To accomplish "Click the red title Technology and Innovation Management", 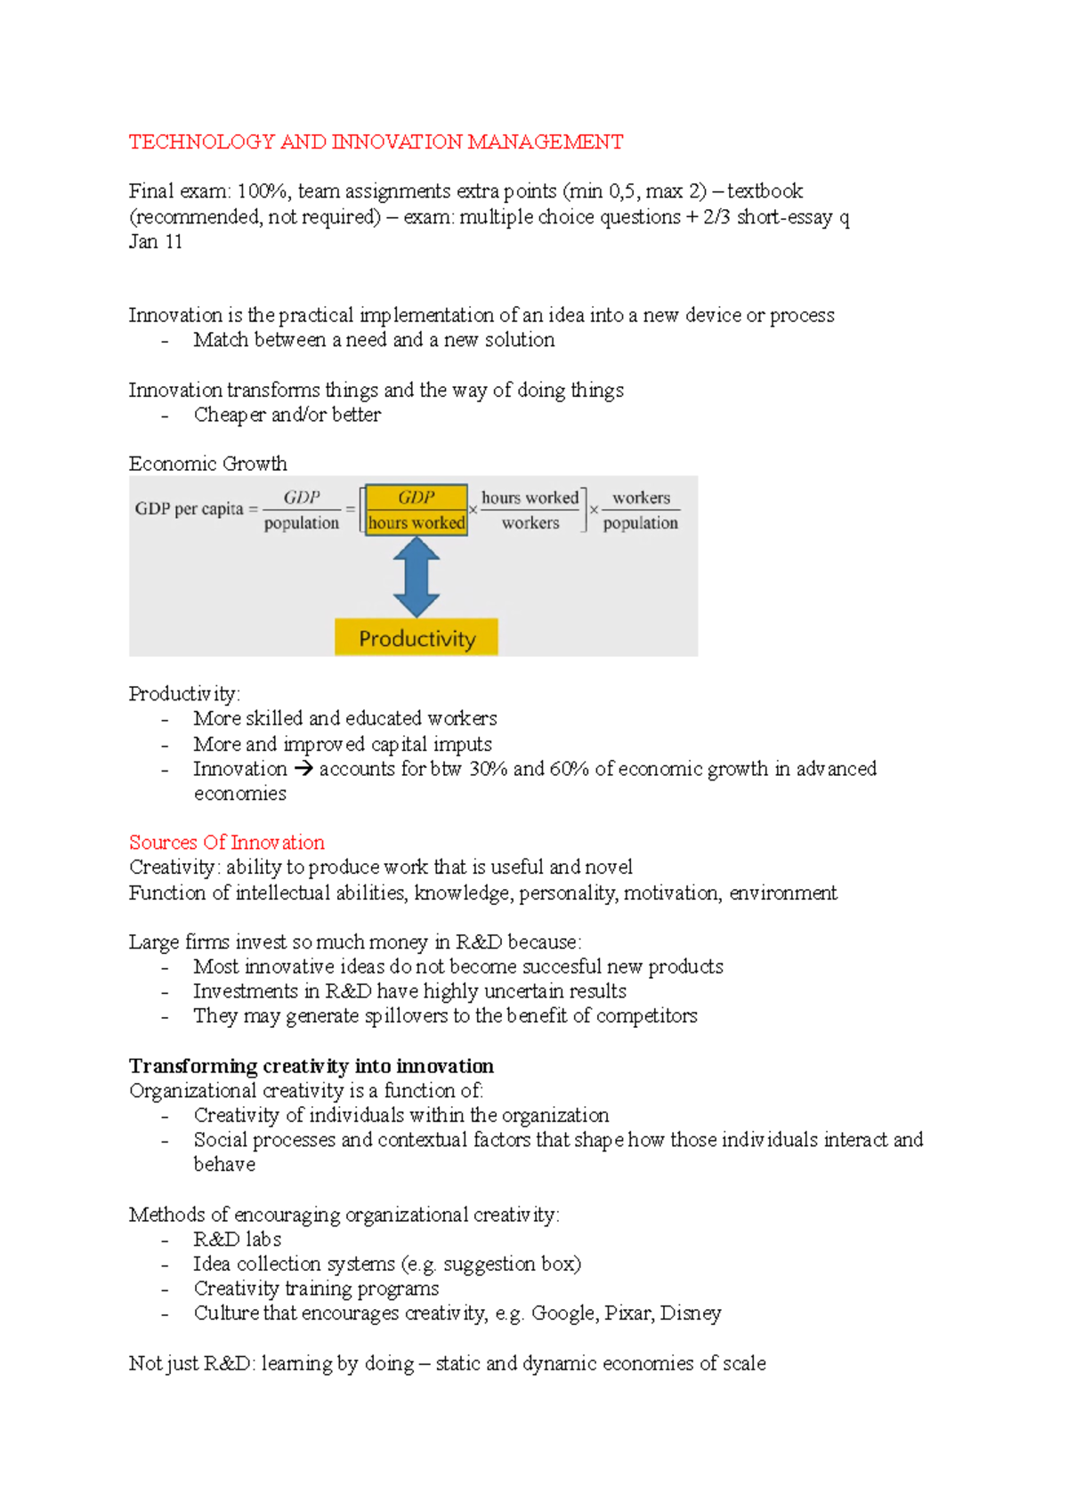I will [376, 142].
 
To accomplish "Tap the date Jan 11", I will [156, 242].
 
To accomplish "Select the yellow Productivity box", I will [417, 638].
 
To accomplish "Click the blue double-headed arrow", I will [417, 577].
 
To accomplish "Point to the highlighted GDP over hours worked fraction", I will [417, 510].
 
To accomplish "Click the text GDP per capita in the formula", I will [189, 509].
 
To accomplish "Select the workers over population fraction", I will [640, 510].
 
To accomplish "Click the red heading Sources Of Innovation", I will [227, 842].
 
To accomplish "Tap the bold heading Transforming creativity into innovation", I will [311, 1066].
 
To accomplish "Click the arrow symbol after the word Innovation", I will [303, 769].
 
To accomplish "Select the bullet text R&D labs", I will [238, 1240].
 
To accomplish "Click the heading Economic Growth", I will [208, 464].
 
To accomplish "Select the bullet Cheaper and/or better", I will [287, 415].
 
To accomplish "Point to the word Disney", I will [691, 1313].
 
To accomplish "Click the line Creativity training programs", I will [316, 1289].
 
